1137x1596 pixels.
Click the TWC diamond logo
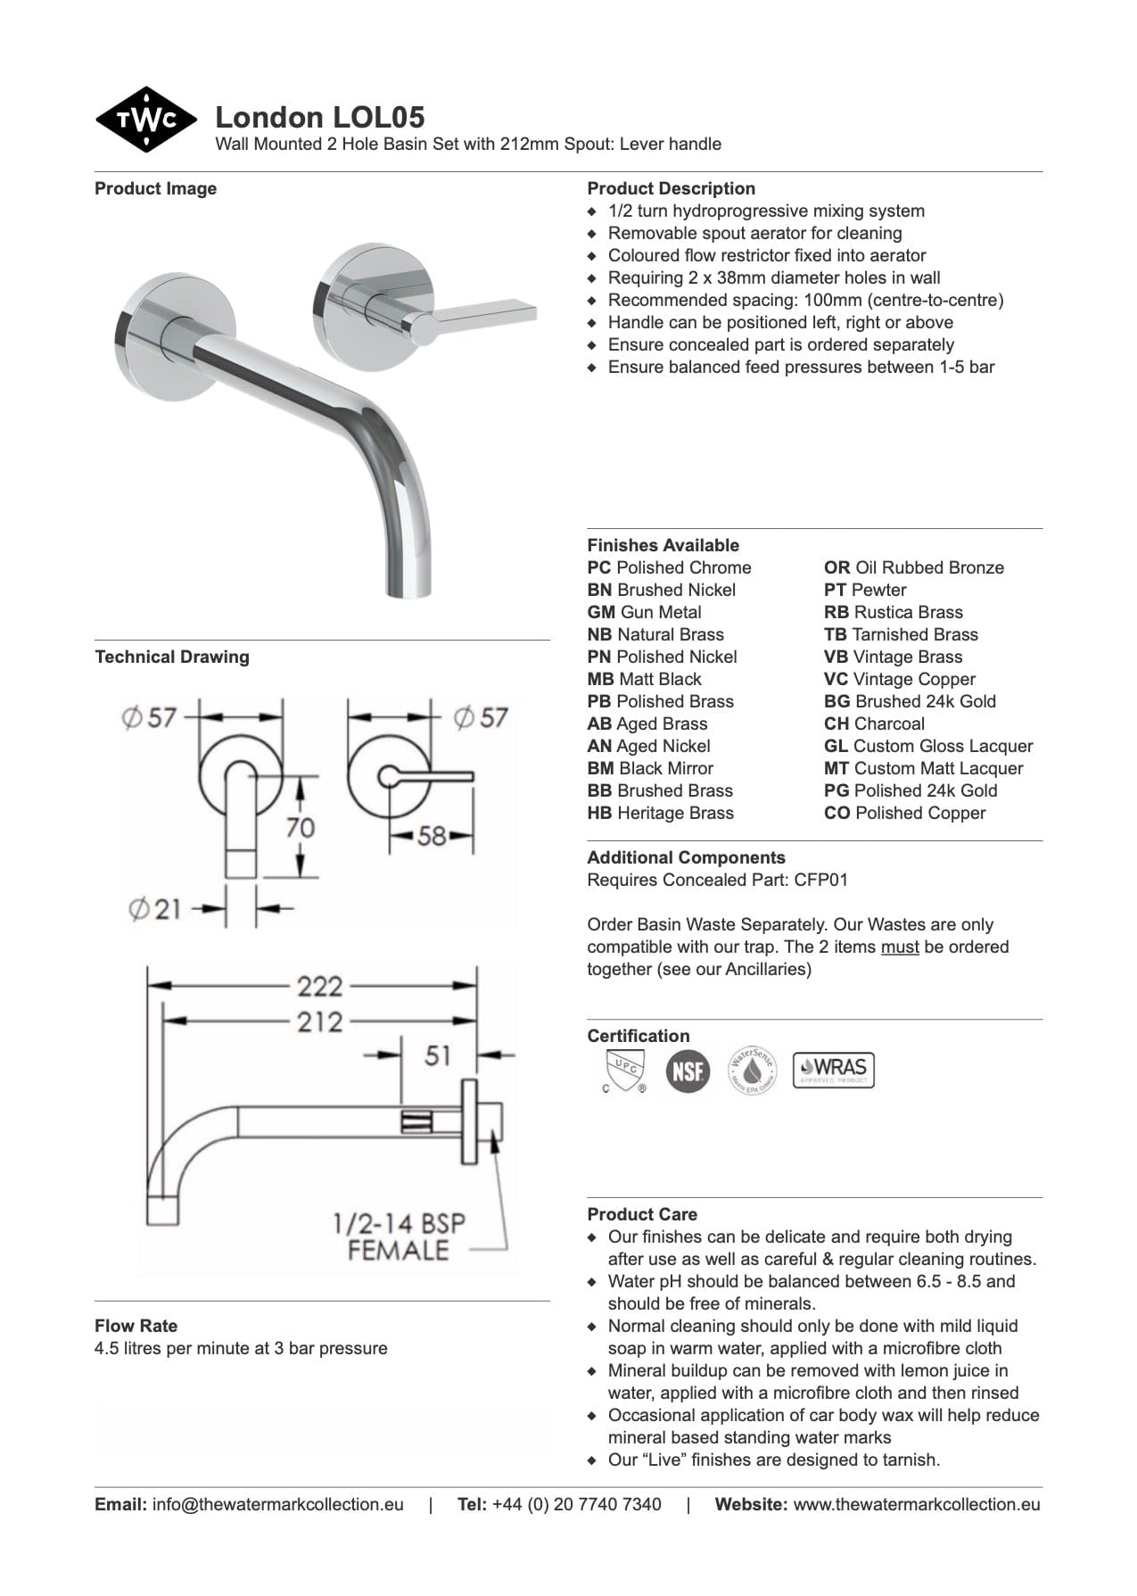pos(145,120)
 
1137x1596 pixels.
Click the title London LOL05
pos(320,117)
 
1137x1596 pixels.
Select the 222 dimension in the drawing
pos(320,986)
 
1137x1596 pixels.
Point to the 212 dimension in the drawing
pos(320,1021)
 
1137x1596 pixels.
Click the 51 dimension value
pos(438,1055)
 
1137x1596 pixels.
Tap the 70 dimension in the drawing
pos(301,827)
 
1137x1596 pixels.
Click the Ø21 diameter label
pos(155,909)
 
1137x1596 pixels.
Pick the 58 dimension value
pos(432,836)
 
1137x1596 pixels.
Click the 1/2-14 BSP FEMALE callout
pos(399,1236)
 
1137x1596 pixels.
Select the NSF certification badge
pos(688,1070)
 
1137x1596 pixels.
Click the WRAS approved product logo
pos(834,1069)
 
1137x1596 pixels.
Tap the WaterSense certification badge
pos(752,1070)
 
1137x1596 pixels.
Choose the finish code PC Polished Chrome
pos(669,567)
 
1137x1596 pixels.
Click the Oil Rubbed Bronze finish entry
pos(914,567)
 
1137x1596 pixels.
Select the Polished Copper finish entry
pos(905,813)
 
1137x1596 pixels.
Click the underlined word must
pos(900,947)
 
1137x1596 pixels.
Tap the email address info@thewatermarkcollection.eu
pos(277,1504)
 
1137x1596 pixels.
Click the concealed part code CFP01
pos(820,880)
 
